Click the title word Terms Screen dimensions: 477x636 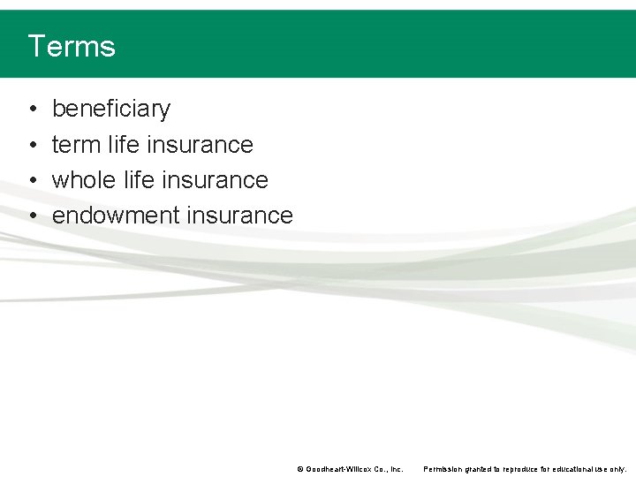72,46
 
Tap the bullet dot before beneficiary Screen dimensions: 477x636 32,110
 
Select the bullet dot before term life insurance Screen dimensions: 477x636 32,145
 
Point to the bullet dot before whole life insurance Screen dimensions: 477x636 32,180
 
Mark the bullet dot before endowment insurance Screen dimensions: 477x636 32,216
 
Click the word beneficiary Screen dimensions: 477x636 111,109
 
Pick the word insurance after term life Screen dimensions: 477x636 201,144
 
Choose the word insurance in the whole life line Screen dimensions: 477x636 216,179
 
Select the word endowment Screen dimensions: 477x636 116,215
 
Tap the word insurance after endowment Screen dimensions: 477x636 240,215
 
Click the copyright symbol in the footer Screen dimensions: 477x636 300,469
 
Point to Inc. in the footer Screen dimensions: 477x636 396,469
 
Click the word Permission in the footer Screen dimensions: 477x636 443,469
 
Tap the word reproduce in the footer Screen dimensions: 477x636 519,469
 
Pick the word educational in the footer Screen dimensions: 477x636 575,469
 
